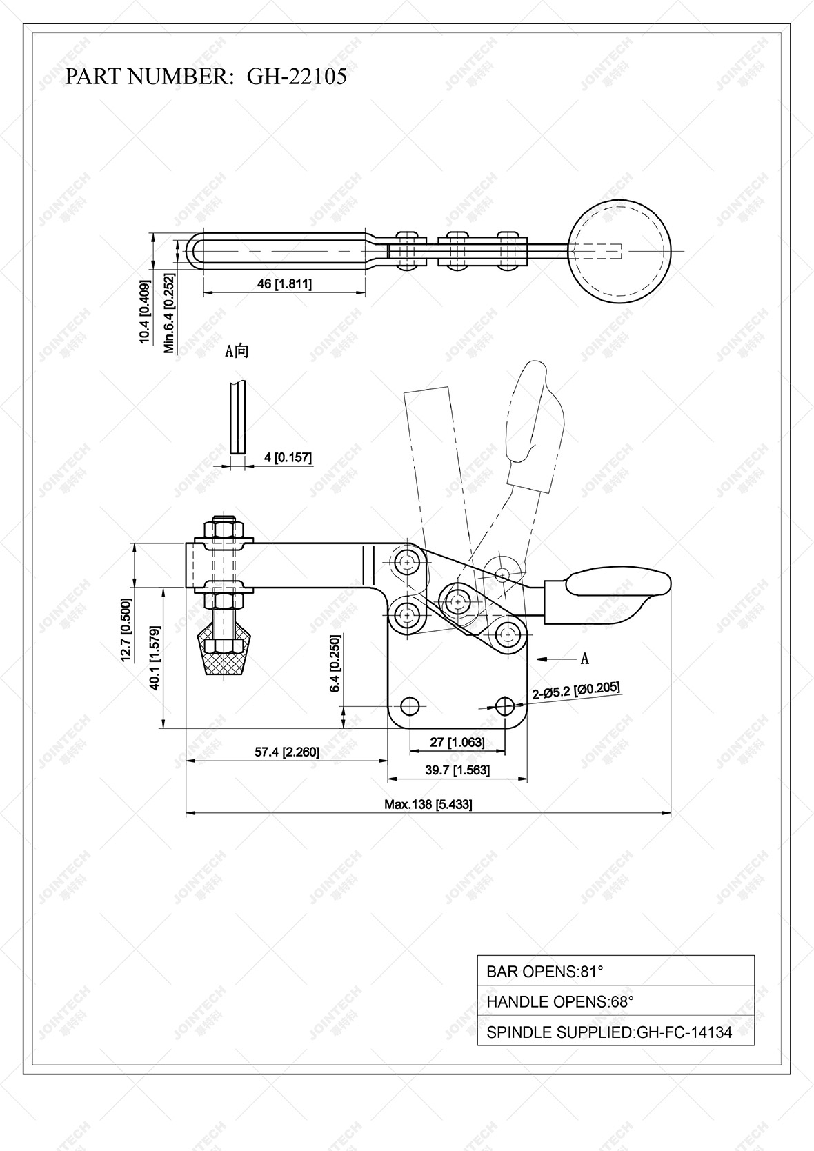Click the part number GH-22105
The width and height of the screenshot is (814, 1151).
coord(297,77)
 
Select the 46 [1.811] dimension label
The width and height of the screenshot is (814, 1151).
coord(284,283)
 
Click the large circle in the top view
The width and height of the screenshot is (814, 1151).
coord(619,250)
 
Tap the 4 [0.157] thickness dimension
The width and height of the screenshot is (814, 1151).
coord(288,457)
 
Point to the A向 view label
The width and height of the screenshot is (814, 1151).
coord(237,351)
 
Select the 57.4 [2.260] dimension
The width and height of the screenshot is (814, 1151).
coord(287,752)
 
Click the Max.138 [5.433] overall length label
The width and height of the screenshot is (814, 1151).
coord(428,804)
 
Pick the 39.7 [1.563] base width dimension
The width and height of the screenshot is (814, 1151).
coord(457,770)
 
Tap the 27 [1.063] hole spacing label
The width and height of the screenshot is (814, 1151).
coord(457,742)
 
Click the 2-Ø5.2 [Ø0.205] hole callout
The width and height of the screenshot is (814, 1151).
coord(576,690)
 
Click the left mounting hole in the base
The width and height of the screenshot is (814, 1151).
coord(410,705)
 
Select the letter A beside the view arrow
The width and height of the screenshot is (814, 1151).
coord(584,659)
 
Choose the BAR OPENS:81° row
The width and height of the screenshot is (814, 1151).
coord(615,972)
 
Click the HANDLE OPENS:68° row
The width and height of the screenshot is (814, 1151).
coord(615,1001)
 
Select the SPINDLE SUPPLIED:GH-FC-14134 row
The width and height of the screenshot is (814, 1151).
coord(615,1032)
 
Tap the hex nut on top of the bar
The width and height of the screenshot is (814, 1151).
coord(224,530)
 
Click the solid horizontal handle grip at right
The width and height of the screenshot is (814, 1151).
coord(617,583)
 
